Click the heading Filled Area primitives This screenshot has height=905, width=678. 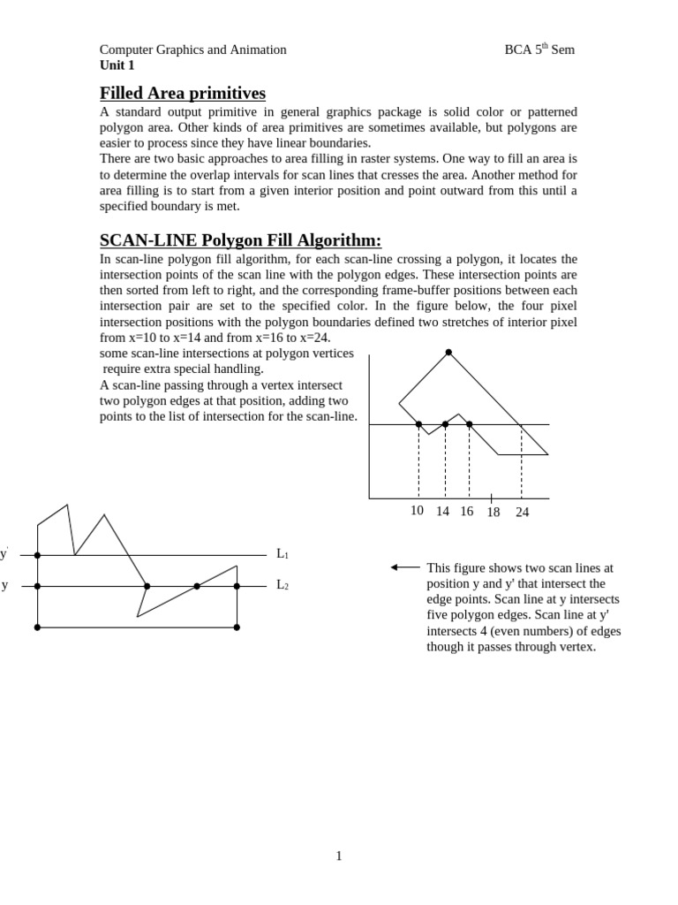click(x=182, y=93)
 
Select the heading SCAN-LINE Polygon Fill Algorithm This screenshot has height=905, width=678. click(x=240, y=240)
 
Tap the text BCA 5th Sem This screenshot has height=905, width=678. click(x=539, y=49)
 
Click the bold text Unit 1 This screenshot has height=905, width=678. click(x=117, y=65)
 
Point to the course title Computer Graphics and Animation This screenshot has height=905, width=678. click(x=192, y=49)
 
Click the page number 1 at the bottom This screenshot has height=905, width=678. click(x=338, y=856)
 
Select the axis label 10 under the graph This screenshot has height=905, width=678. click(x=417, y=511)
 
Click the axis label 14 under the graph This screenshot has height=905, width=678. click(x=442, y=511)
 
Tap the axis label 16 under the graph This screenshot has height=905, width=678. click(x=466, y=511)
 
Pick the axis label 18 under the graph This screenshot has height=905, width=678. click(x=493, y=512)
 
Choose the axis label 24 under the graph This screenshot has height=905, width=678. click(x=522, y=512)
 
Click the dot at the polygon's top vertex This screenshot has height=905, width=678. click(x=448, y=353)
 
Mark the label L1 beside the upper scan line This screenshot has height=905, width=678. click(x=282, y=554)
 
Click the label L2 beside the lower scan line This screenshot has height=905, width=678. click(x=282, y=585)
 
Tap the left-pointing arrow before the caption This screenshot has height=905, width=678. click(x=405, y=567)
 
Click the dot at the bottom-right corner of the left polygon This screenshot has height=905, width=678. click(x=237, y=627)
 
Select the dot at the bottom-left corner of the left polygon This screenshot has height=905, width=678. click(x=37, y=627)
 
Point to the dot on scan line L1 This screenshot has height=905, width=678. click(x=37, y=555)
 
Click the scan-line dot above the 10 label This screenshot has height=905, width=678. click(x=418, y=424)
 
